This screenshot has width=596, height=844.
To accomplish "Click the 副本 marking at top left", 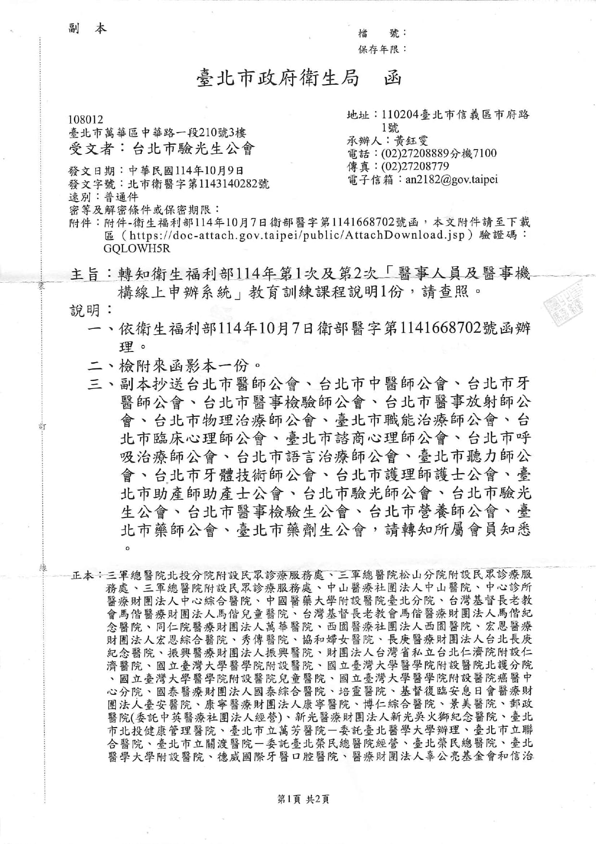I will pos(87,29).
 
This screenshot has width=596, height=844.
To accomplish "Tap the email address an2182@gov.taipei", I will pos(451,179).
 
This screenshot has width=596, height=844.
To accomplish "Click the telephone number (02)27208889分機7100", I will pos(438,153).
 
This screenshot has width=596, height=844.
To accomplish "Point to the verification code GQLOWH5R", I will pos(137,249).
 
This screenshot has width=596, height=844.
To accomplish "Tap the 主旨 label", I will pos(85,274).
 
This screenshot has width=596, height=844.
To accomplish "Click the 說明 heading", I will pos(86,310).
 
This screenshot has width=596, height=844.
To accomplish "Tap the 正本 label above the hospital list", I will pos(84,575).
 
